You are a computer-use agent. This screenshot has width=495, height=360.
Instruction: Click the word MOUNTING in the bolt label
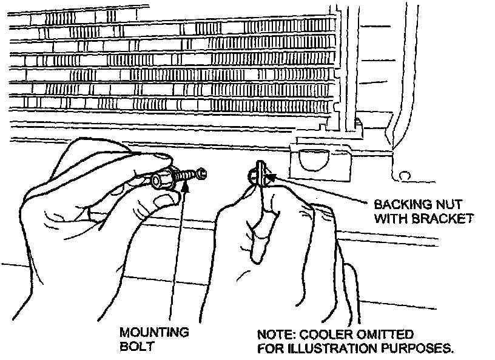coord(153,332)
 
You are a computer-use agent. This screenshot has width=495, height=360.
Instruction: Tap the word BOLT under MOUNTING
coord(133,347)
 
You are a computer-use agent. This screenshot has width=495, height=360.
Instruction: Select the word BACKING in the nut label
coord(397,204)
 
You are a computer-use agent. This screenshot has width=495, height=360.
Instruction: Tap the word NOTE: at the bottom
coord(274,335)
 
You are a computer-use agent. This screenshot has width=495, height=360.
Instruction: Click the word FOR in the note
coord(268,348)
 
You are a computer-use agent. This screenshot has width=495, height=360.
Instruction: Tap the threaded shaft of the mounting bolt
coord(193,176)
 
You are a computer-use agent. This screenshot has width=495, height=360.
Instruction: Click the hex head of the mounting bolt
coord(163,180)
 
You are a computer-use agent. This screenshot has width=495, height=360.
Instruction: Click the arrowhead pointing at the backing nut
coord(271,178)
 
